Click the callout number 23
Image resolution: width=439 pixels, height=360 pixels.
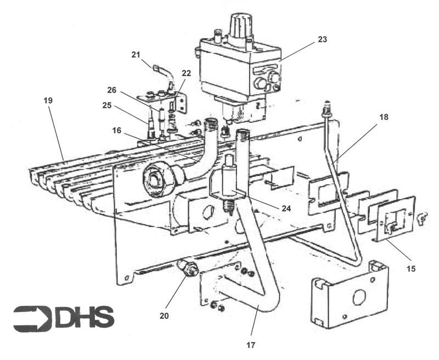[x=323, y=40]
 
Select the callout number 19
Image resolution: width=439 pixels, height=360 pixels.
[x=48, y=100]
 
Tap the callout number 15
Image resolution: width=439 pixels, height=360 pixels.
[x=412, y=269]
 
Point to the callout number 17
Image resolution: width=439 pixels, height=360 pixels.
[x=251, y=345]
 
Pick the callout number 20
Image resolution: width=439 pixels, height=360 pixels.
[x=164, y=316]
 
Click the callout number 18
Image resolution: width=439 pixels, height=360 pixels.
[x=384, y=117]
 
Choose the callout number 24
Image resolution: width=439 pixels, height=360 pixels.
[x=286, y=209]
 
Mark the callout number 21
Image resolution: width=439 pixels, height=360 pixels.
[x=136, y=55]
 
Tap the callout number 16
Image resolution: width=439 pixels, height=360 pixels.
[x=117, y=131]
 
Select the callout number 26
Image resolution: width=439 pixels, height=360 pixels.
[x=112, y=90]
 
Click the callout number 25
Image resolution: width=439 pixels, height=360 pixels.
[x=106, y=105]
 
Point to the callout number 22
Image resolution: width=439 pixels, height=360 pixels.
[x=186, y=74]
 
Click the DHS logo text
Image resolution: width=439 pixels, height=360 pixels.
[x=85, y=317]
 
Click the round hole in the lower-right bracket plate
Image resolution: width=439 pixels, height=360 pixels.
[x=359, y=297]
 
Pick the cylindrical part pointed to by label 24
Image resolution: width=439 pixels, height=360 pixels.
[x=229, y=182]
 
